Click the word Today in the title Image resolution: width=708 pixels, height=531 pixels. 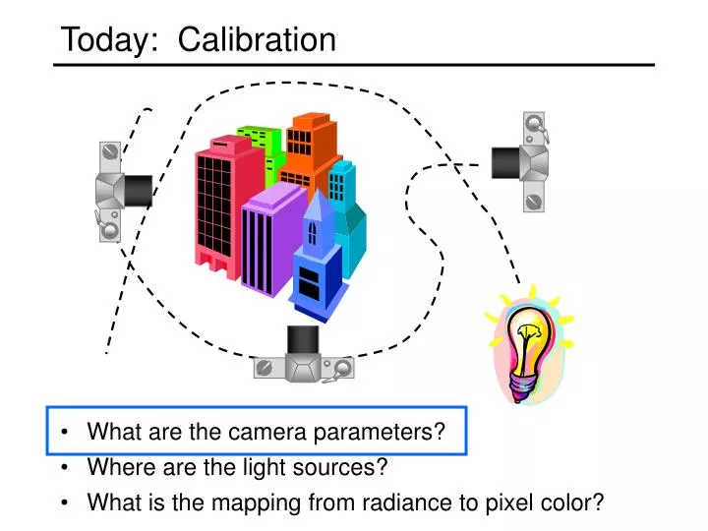[x=102, y=39]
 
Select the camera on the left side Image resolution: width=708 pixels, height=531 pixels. [x=116, y=191]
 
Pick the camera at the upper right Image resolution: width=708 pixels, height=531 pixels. [x=526, y=161]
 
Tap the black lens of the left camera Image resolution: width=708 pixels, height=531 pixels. [x=138, y=189]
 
